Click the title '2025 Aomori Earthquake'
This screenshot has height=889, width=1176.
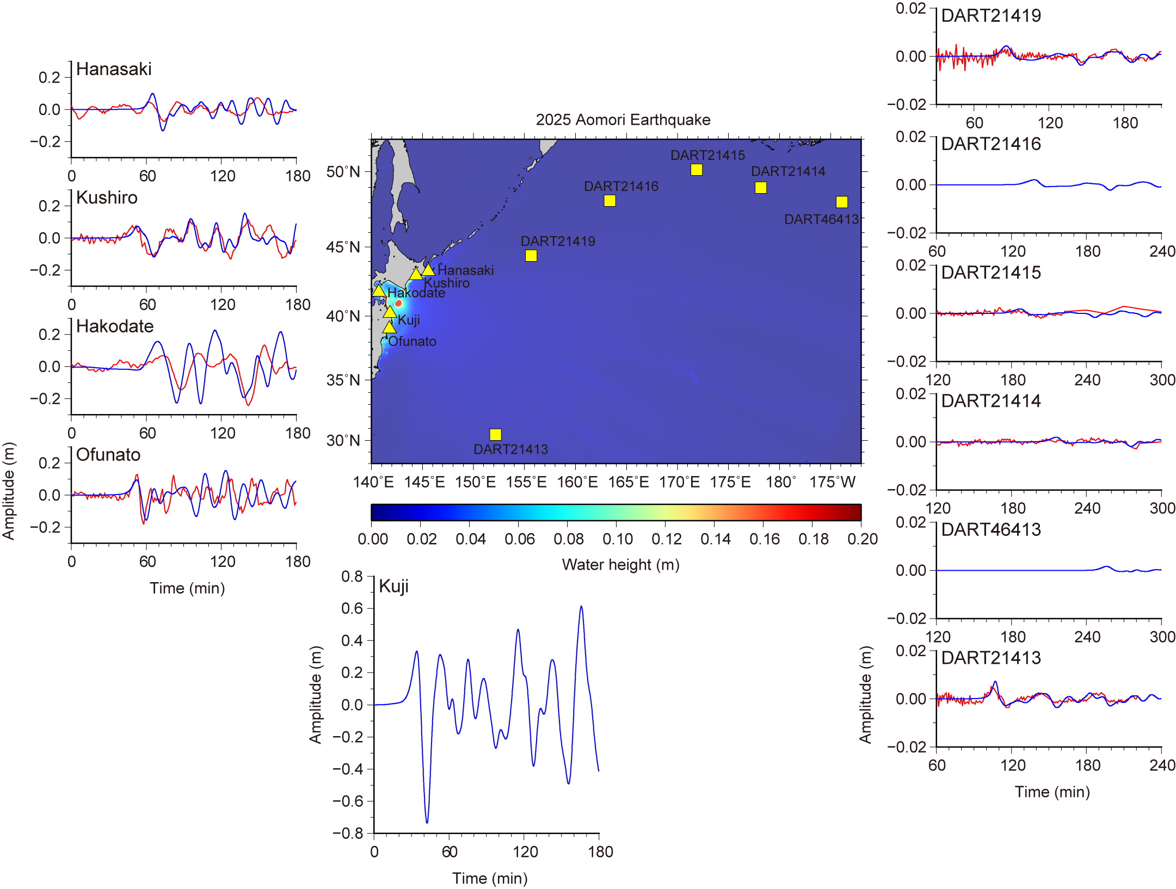pyautogui.click(x=623, y=120)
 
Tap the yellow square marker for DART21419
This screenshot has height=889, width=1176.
pyautogui.click(x=531, y=256)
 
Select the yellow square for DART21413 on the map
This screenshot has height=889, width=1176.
pyautogui.click(x=495, y=434)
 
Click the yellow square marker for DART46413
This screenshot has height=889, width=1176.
pyautogui.click(x=841, y=202)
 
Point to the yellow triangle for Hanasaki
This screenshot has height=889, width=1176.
pyautogui.click(x=428, y=270)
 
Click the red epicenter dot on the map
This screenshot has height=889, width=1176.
pyautogui.click(x=398, y=303)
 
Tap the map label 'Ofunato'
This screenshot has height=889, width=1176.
pyautogui.click(x=412, y=341)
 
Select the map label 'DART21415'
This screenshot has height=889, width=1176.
pyautogui.click(x=707, y=156)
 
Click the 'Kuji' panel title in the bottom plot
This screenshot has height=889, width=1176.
pyautogui.click(x=393, y=587)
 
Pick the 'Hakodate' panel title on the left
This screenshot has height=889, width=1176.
pyautogui.click(x=115, y=326)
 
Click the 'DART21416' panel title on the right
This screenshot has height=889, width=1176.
pyautogui.click(x=990, y=144)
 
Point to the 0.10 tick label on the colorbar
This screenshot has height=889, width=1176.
pyautogui.click(x=617, y=539)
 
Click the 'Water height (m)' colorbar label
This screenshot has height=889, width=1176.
pyautogui.click(x=620, y=565)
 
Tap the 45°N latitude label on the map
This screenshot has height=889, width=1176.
pyautogui.click(x=343, y=247)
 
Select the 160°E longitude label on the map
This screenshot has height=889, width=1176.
pyautogui.click(x=577, y=482)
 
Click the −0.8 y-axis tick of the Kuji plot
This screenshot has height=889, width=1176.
pyautogui.click(x=348, y=833)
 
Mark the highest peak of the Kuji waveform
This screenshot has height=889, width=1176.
pyautogui.click(x=581, y=606)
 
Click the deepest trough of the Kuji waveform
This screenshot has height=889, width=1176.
pyautogui.click(x=427, y=822)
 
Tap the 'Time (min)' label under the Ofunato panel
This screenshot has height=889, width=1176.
pyautogui.click(x=187, y=588)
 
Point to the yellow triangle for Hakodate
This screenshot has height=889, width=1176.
pyautogui.click(x=379, y=290)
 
